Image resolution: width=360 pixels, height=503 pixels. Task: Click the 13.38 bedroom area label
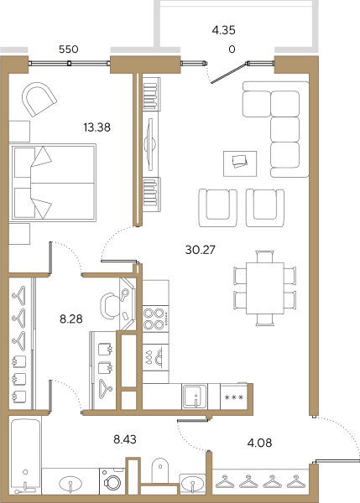tap(97, 127)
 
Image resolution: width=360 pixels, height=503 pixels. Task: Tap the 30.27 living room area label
tap(200, 250)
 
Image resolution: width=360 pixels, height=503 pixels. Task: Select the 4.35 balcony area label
tap(223, 30)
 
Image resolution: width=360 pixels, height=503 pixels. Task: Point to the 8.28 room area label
tap(71, 319)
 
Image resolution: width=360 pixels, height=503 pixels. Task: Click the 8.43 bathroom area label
tap(125, 439)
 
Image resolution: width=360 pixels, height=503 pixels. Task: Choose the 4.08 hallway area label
tap(259, 443)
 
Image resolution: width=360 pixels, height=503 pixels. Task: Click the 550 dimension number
tap(69, 49)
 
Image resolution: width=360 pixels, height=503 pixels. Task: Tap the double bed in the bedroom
tap(54, 183)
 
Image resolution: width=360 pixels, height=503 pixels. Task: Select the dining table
tap(265, 288)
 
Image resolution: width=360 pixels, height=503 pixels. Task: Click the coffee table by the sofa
tap(240, 163)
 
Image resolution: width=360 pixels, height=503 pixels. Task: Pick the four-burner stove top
tap(156, 319)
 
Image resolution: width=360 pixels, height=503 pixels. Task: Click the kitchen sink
tap(195, 397)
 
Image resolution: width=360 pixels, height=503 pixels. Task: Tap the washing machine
tap(112, 481)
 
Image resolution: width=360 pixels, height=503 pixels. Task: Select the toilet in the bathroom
tap(160, 470)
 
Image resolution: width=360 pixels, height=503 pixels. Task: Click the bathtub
tap(25, 455)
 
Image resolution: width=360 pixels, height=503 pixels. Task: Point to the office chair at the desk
tap(109, 306)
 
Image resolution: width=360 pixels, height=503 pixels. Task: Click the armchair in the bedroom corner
tap(39, 99)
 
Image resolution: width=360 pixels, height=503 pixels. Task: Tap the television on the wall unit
tap(150, 144)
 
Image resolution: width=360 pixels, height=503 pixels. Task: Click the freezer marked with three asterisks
tap(234, 397)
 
